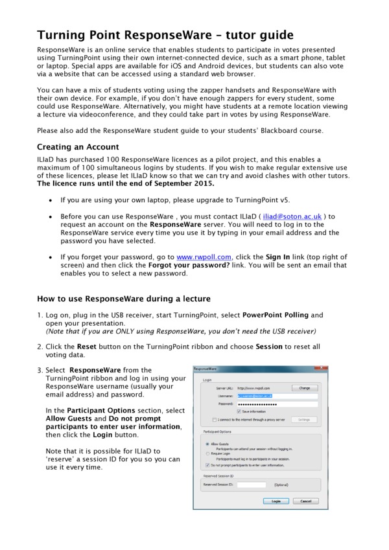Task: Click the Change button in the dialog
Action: [303, 387]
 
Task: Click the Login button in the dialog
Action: [276, 501]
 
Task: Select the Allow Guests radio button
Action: [206, 444]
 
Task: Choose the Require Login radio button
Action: [206, 455]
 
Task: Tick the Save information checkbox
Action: [239, 411]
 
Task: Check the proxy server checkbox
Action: [206, 419]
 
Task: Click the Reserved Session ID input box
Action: [252, 484]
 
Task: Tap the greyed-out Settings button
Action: [303, 419]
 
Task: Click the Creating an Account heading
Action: [78, 147]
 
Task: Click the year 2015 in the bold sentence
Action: [202, 183]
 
